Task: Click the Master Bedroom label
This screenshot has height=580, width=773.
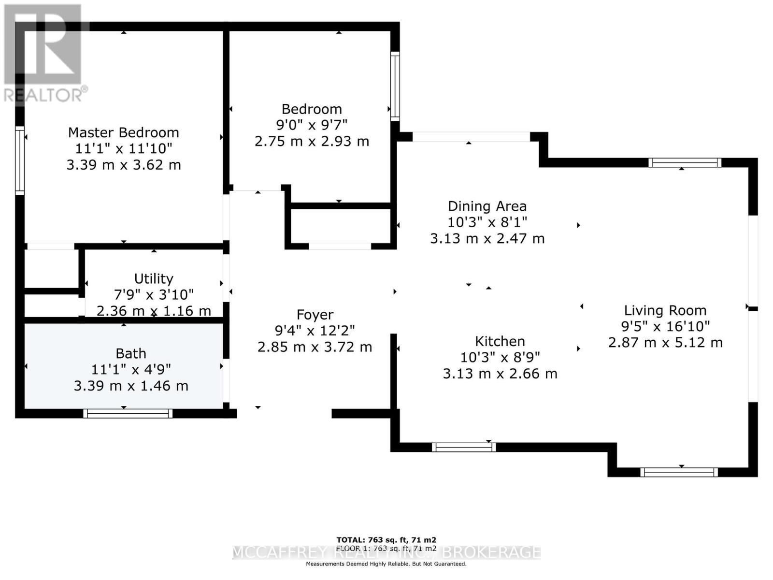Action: pyautogui.click(x=123, y=132)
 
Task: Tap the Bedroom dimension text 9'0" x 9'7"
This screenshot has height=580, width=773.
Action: pyautogui.click(x=312, y=125)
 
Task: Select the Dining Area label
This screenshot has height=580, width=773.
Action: pyautogui.click(x=487, y=206)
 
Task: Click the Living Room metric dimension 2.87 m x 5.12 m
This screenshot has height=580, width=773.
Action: pyautogui.click(x=665, y=343)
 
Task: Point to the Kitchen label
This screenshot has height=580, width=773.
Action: pyautogui.click(x=500, y=341)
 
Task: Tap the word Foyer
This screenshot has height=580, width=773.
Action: pyautogui.click(x=315, y=315)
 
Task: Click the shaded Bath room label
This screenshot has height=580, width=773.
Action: pyautogui.click(x=130, y=353)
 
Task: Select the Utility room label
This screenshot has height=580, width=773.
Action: pyautogui.click(x=154, y=278)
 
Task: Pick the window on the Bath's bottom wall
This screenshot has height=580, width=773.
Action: pyautogui.click(x=128, y=413)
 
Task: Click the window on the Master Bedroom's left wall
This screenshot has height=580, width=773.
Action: pyautogui.click(x=20, y=160)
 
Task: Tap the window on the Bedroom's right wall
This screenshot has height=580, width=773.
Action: pyautogui.click(x=395, y=86)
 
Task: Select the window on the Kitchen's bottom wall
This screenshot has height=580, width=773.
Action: pyautogui.click(x=464, y=447)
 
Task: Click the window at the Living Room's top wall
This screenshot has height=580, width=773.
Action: pyautogui.click(x=685, y=163)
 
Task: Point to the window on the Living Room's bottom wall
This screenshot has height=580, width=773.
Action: pyautogui.click(x=679, y=472)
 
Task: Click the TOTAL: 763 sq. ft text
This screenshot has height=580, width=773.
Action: pyautogui.click(x=386, y=540)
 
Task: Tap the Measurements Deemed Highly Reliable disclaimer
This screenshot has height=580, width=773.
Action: pyautogui.click(x=386, y=564)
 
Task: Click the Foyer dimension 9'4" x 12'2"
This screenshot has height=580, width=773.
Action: pyautogui.click(x=315, y=331)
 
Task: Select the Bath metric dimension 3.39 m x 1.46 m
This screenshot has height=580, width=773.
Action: pyautogui.click(x=130, y=386)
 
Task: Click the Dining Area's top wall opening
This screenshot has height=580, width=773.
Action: pyautogui.click(x=471, y=137)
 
